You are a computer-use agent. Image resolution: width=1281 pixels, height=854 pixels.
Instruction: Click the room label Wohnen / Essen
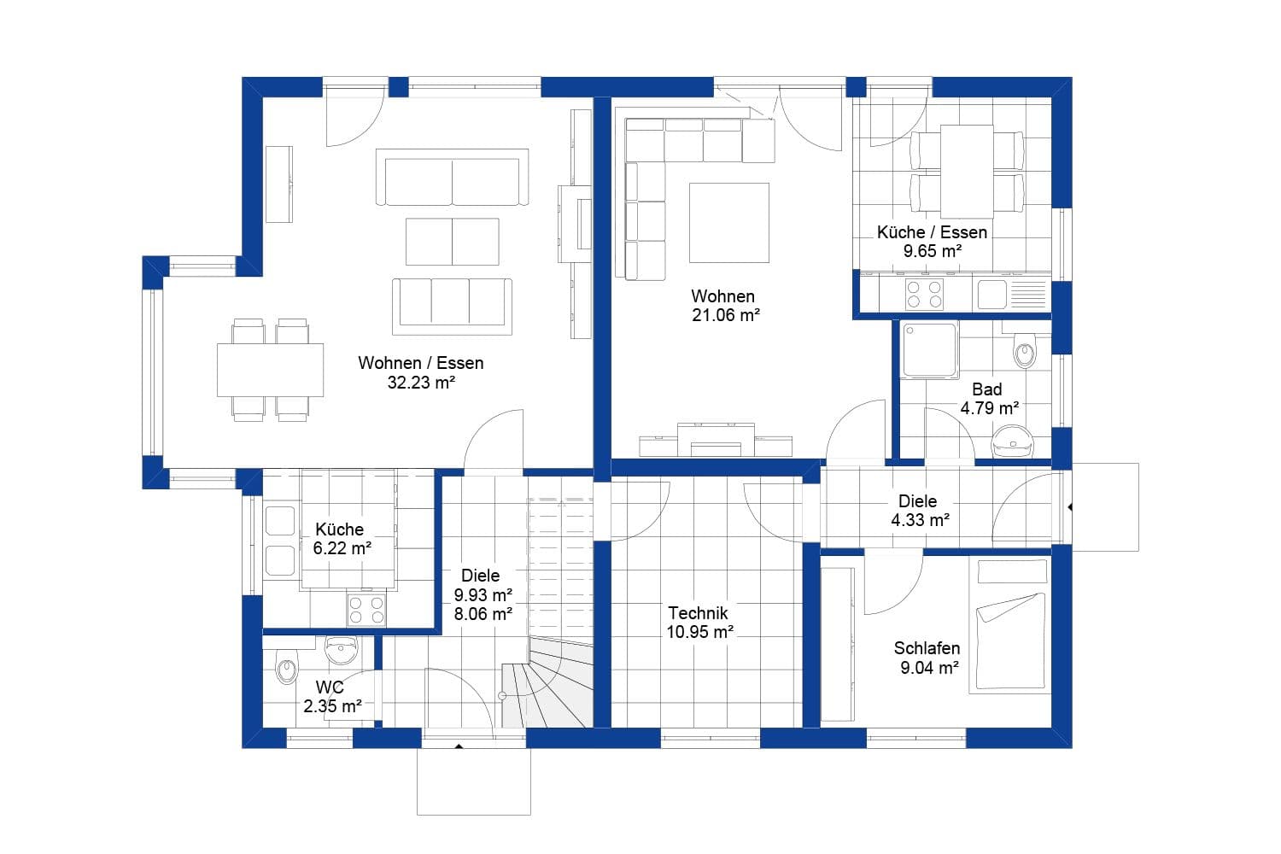tap(420, 363)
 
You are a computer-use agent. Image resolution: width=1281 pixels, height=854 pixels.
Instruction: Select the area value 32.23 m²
tap(420, 383)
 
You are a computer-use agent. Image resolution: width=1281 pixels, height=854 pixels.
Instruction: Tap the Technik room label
tap(698, 612)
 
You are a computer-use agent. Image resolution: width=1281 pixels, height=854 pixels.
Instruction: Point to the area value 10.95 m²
tap(699, 632)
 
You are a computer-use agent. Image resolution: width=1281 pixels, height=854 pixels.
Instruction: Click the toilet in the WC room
tap(286, 666)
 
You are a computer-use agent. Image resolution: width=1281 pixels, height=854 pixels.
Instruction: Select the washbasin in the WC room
tap(342, 650)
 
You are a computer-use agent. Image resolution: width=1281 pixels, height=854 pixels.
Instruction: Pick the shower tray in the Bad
tap(930, 350)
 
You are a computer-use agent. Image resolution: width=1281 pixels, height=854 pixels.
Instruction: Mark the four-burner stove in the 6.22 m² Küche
tap(366, 610)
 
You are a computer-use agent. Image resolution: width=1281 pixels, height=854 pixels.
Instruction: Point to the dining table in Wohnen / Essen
tap(270, 370)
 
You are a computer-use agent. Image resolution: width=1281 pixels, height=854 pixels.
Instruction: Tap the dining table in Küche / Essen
tap(967, 171)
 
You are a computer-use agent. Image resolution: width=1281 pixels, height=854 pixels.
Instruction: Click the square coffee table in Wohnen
tap(728, 223)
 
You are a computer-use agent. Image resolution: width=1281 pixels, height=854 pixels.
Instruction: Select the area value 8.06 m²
tap(483, 613)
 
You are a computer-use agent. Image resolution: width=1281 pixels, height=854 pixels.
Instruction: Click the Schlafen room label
tap(927, 648)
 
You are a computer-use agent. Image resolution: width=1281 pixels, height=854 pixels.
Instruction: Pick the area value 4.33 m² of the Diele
tap(920, 520)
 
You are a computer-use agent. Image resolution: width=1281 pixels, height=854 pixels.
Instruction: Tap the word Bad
tap(986, 389)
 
